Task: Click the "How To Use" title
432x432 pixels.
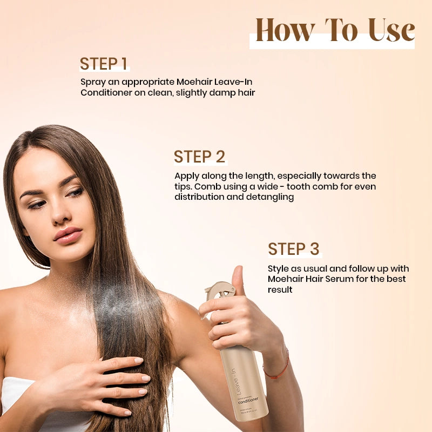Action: click(335, 31)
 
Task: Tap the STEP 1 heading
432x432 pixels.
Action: click(104, 64)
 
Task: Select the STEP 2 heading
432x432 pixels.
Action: click(199, 157)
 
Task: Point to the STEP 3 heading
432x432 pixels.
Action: click(294, 249)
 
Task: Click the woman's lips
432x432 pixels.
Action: click(68, 235)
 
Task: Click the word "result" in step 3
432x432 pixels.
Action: click(280, 290)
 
